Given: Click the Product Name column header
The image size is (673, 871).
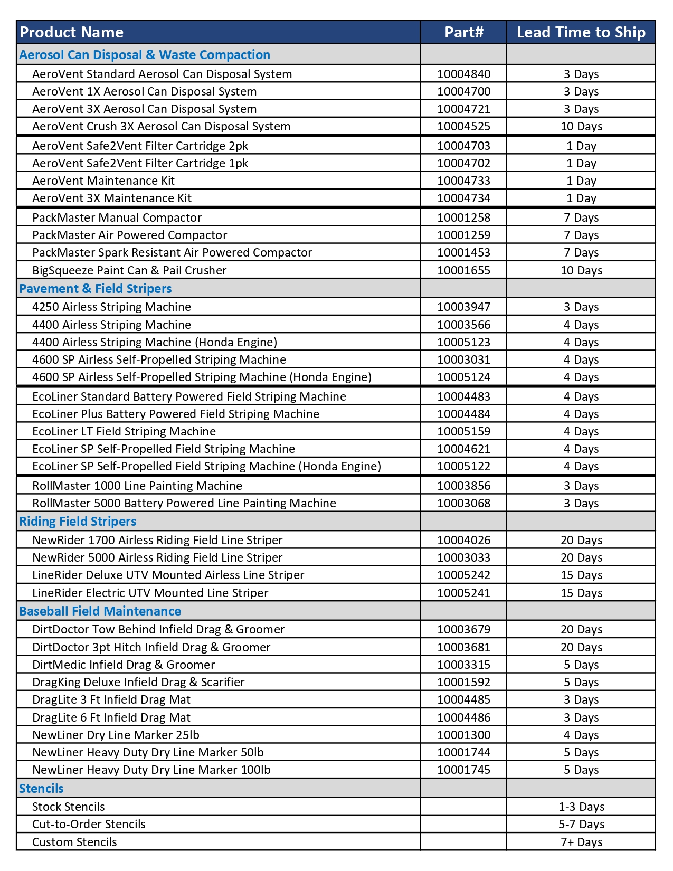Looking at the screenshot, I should coord(72,32).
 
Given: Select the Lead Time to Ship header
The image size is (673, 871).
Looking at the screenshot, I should coord(581,32).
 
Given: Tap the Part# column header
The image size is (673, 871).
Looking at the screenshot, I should coord(463,32).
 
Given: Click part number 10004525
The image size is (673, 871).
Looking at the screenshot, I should coord(463,126).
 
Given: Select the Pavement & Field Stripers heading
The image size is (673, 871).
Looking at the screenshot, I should coord(96,288).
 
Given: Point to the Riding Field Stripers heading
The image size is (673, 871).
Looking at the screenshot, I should coord(78,521).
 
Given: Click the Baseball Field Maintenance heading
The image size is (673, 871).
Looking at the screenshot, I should coord(100,611).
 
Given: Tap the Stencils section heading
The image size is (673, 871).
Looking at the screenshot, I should coord(41,788).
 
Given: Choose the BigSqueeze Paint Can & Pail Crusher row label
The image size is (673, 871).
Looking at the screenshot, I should coord(129,270).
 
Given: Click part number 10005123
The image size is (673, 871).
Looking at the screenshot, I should coord(463,342).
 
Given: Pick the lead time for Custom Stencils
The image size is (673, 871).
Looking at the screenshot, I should coord(581,842).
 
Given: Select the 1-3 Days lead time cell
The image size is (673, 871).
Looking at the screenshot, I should coord(581,807).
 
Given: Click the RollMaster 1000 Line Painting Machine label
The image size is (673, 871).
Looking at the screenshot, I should coord(137,486).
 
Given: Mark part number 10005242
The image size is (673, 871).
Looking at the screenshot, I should coord(463,575).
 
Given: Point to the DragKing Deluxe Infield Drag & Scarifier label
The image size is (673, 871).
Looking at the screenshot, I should coord(138,682).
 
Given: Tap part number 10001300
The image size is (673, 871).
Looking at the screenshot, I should coord(463,735).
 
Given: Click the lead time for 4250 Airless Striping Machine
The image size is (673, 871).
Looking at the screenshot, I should coord(581,307).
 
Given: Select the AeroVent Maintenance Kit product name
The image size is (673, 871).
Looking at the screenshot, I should coord(103,181).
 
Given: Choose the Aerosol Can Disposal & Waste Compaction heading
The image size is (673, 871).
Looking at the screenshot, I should coord(145,55).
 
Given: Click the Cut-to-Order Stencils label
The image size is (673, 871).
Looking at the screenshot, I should coord(89,824).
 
